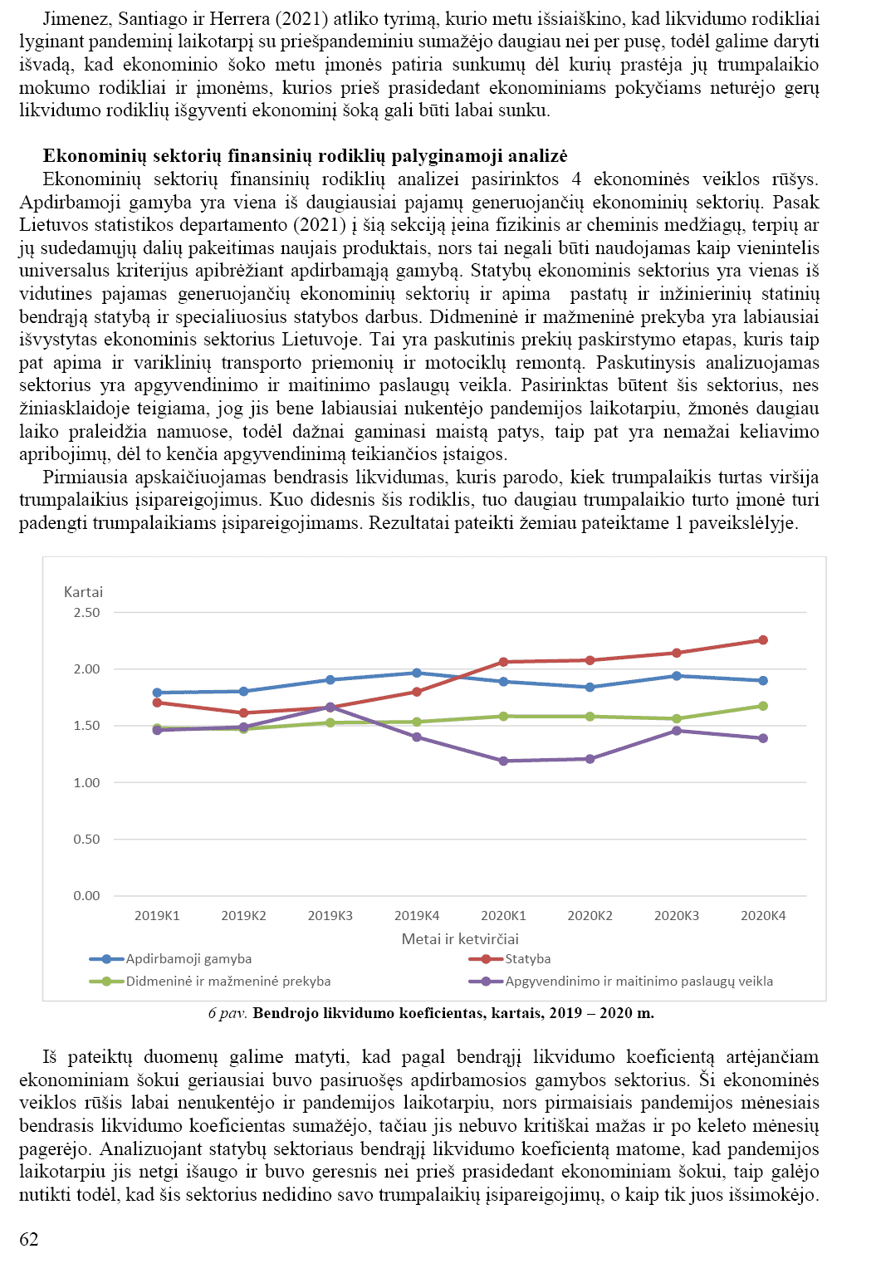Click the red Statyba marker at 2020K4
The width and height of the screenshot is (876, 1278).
click(763, 640)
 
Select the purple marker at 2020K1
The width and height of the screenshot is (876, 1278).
click(503, 761)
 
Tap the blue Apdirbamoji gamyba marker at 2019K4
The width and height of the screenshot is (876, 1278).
click(417, 673)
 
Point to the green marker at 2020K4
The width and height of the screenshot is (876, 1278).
click(763, 706)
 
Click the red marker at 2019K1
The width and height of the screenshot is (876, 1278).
click(157, 703)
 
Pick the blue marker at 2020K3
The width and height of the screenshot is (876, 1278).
click(677, 676)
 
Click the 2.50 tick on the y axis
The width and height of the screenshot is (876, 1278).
click(86, 613)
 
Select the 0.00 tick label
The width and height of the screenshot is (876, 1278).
click(86, 896)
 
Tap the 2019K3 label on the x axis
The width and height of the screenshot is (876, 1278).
click(330, 916)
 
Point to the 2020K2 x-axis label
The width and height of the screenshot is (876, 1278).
click(590, 916)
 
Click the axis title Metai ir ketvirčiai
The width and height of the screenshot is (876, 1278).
click(460, 939)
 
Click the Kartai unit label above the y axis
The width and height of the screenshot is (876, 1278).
click(83, 592)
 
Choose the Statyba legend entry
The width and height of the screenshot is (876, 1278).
click(527, 959)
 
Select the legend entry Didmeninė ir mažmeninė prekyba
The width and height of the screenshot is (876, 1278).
click(228, 982)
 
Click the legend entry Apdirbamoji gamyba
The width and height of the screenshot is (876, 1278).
click(188, 959)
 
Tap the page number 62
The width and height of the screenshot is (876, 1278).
click(29, 1239)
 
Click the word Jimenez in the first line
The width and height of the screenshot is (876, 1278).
click(76, 18)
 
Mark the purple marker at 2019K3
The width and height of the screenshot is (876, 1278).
click(330, 708)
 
